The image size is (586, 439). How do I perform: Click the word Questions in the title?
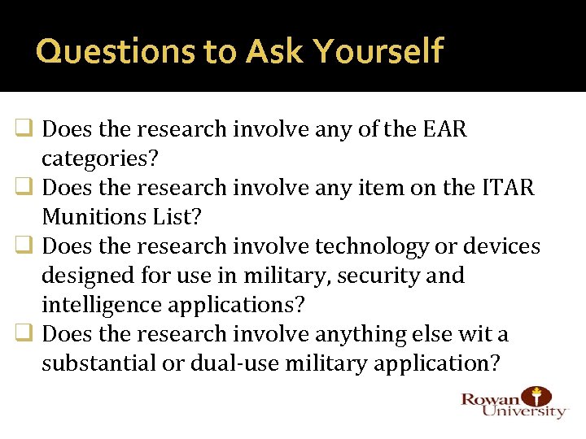click(x=96, y=51)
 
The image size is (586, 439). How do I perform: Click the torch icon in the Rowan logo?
click(x=536, y=395)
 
